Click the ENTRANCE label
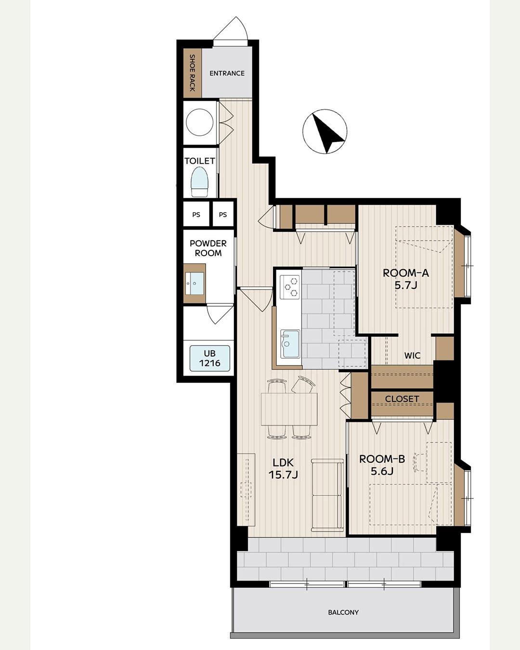(x=227, y=73)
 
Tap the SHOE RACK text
(x=192, y=73)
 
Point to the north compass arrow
(x=327, y=132)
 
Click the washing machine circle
(x=200, y=122)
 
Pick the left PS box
(x=196, y=215)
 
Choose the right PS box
(x=223, y=215)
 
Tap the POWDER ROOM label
(x=208, y=248)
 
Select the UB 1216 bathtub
(x=210, y=358)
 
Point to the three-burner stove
(x=290, y=287)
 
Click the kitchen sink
(x=290, y=344)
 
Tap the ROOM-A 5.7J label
(x=406, y=279)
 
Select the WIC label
(x=413, y=355)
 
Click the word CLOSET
(x=402, y=399)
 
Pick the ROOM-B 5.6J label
(x=382, y=465)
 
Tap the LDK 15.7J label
(x=283, y=469)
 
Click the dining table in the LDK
(x=289, y=409)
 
